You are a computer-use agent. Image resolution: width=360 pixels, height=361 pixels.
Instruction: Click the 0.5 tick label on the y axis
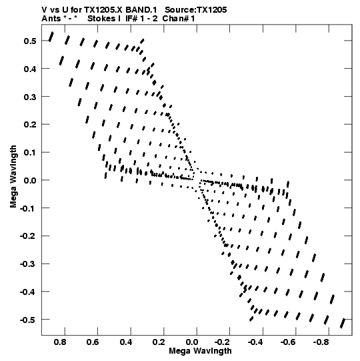tap(30, 41)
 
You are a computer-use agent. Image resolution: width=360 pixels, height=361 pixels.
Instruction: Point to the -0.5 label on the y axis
tap(28, 320)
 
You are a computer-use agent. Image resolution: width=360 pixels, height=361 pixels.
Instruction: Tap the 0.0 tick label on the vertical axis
tap(30, 180)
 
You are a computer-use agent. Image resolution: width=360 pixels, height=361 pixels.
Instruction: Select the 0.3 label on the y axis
tap(30, 97)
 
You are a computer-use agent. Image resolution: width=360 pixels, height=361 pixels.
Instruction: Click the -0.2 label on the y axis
tap(28, 236)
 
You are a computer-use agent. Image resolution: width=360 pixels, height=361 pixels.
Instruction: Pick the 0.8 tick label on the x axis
tap(60, 342)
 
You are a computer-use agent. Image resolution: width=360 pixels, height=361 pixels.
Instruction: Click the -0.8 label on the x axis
tap(321, 342)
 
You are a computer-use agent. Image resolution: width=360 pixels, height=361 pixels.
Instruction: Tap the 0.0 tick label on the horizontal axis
tap(192, 342)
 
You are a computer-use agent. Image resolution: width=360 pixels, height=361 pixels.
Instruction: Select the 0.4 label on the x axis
tap(126, 342)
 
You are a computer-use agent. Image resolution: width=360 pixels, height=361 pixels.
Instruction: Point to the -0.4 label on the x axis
tap(255, 342)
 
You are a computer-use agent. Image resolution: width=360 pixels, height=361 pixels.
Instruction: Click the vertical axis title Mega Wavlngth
tap(13, 177)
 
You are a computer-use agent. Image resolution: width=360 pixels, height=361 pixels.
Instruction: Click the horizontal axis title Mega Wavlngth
tap(201, 351)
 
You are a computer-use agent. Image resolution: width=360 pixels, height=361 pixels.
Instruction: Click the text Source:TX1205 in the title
tap(196, 10)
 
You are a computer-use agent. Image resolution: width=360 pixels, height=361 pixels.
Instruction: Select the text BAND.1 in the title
tap(141, 10)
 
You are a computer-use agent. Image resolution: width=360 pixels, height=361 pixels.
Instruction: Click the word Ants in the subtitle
tap(51, 19)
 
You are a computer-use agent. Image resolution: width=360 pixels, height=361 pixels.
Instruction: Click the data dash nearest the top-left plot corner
tap(51, 37)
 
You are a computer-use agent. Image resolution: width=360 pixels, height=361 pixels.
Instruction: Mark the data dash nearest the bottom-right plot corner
tap(343, 324)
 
